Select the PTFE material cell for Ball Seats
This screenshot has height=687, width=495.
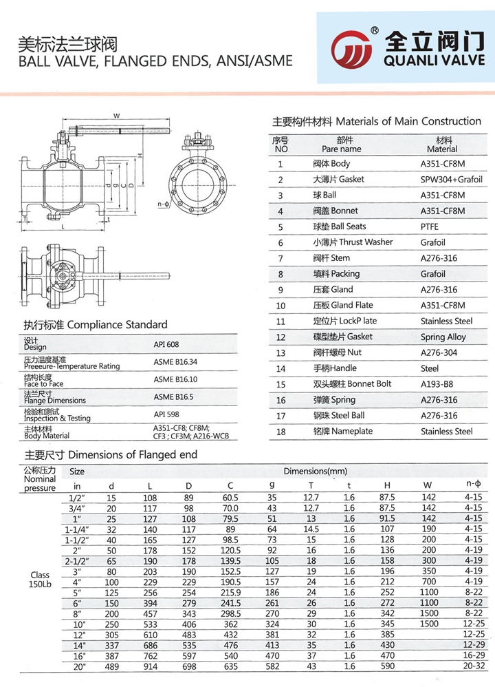(432, 226)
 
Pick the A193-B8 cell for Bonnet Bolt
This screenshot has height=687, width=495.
(437, 384)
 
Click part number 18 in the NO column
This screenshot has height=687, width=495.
(280, 432)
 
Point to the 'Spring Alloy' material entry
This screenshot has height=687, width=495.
(443, 337)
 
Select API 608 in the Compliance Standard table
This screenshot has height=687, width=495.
(166, 344)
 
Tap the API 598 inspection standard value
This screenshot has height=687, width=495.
(166, 414)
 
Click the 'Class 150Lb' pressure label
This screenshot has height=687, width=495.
(39, 580)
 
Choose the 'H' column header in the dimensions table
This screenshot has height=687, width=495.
(387, 485)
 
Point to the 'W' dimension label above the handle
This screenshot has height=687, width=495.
(117, 115)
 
